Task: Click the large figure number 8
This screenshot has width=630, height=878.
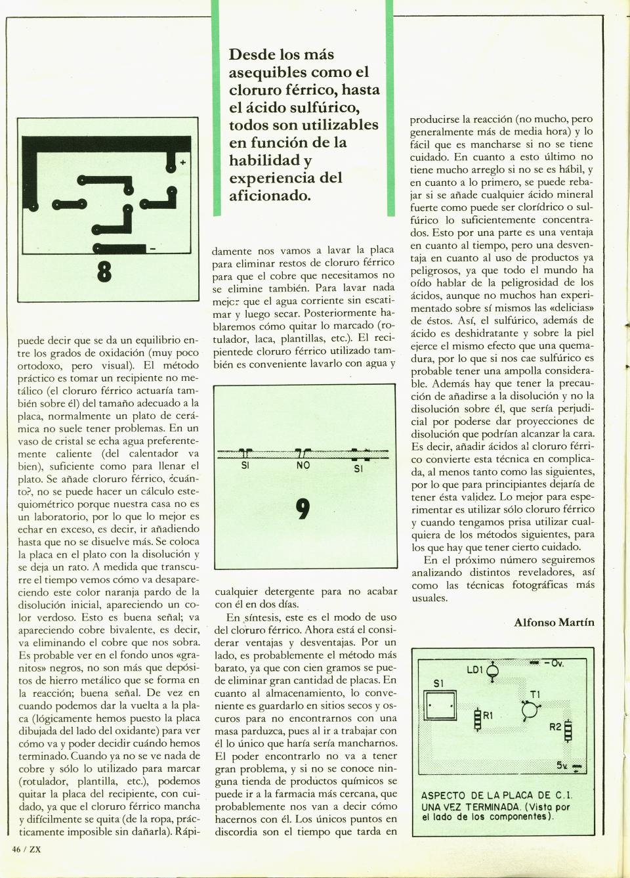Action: click(x=103, y=271)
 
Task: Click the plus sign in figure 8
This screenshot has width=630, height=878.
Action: click(x=182, y=162)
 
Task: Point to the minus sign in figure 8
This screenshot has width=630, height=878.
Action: click(x=153, y=248)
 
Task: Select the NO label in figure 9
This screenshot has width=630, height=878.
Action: click(x=303, y=465)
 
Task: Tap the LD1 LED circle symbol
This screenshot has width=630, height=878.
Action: click(x=493, y=670)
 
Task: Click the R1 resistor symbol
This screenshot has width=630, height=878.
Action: click(x=478, y=719)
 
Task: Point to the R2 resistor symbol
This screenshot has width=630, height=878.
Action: click(x=568, y=729)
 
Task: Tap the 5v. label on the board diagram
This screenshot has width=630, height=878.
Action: click(x=563, y=765)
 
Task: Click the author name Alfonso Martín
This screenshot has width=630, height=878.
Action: click(x=554, y=623)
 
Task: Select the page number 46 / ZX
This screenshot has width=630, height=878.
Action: click(x=27, y=848)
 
